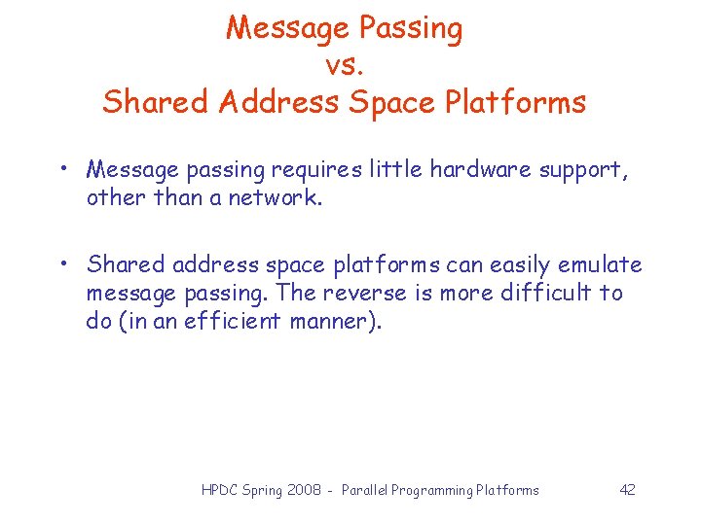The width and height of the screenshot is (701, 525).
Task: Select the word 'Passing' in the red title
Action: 410,29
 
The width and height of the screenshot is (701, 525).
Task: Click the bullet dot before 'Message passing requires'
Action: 62,169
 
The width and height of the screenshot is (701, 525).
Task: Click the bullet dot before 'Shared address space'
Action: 62,264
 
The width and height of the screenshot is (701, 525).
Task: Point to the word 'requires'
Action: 314,170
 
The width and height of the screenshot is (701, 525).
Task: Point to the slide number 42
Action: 627,490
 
